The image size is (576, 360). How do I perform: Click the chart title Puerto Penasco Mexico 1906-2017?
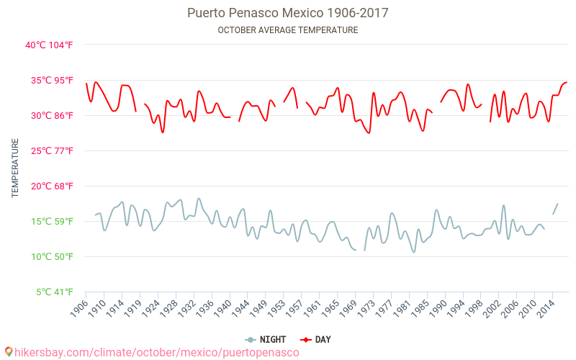point(287,13)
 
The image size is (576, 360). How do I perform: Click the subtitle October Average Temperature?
point(287,30)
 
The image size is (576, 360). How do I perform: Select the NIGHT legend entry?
point(266,339)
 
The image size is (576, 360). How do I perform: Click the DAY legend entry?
point(316,339)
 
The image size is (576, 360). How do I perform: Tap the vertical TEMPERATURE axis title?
point(16,168)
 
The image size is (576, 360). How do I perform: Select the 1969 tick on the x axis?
point(347,308)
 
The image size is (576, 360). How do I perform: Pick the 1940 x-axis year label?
point(222,308)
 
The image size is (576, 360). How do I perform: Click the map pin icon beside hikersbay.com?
point(8,352)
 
